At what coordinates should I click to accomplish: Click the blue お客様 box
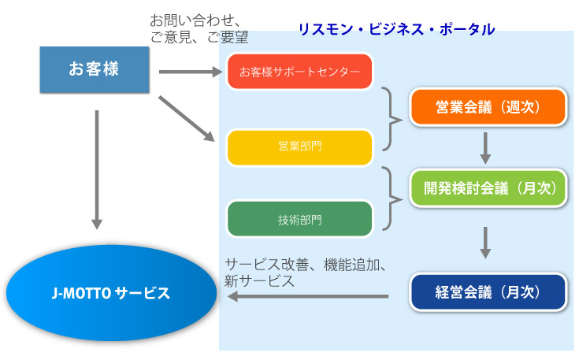[94, 69]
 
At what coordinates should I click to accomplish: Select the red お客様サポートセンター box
[299, 72]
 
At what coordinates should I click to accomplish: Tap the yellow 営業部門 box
[299, 147]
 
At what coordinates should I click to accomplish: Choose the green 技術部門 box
[299, 219]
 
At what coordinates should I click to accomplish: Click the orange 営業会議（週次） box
[488, 107]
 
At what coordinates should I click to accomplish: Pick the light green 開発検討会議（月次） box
[488, 188]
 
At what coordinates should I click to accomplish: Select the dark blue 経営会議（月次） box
[488, 291]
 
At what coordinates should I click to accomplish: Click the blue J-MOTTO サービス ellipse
[110, 294]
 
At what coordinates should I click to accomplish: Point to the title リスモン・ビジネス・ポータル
[396, 29]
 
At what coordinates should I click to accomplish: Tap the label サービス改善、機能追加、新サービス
[303, 272]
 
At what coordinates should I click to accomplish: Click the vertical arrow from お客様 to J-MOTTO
[96, 169]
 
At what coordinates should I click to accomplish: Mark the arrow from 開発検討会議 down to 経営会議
[486, 243]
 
